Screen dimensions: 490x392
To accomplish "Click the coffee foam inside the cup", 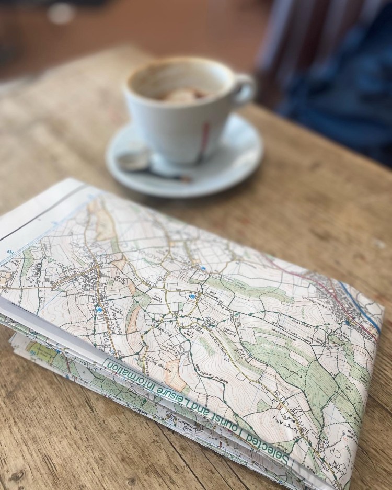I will [x=180, y=95].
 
